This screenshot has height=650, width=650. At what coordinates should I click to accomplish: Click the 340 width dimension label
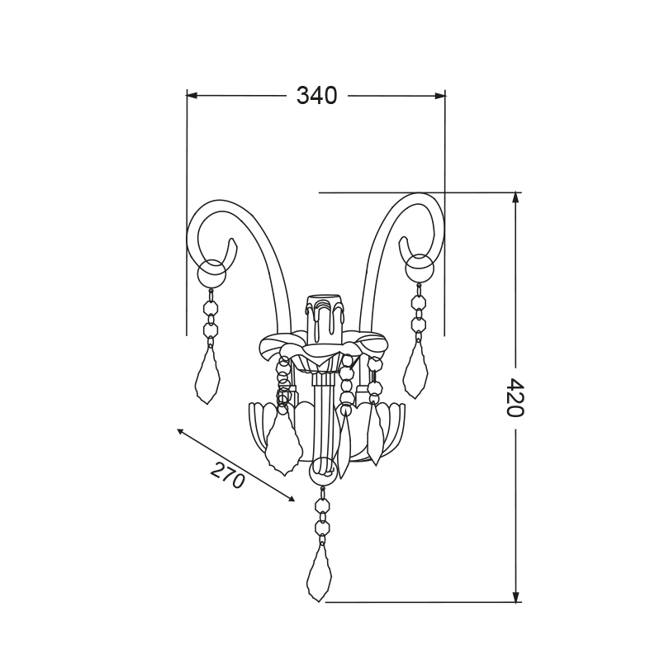point(316,96)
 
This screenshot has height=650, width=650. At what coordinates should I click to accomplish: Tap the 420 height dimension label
point(515,397)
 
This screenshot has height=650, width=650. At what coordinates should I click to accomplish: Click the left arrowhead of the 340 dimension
point(192,95)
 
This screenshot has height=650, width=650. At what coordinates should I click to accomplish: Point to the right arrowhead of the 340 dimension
point(440,96)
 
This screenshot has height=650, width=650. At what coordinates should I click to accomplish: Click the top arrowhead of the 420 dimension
point(515,197)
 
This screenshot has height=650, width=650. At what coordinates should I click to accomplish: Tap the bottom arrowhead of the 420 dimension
point(515,596)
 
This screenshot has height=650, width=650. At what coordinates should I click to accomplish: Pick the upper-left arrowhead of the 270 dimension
point(181,432)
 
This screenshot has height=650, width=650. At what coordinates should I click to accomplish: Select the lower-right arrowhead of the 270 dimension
point(290,498)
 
